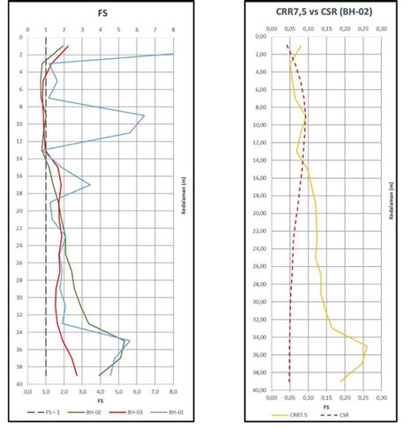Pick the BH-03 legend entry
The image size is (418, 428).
[x=129, y=412]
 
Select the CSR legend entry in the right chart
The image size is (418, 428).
[x=350, y=412]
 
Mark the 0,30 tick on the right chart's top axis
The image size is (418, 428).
[x=381, y=29]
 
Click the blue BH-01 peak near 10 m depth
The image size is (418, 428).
[x=144, y=115]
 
